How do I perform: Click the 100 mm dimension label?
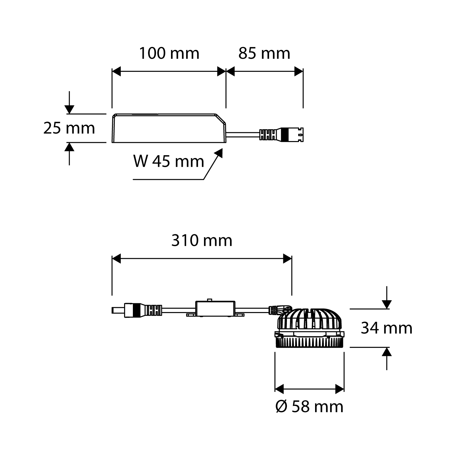coord(169,54)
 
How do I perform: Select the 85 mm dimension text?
coord(264,54)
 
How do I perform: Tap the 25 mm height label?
coord(69,128)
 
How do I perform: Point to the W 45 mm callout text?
coord(169,161)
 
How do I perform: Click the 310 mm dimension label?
coord(202,241)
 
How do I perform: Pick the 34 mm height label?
coord(387,328)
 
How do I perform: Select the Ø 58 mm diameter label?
coord(309,407)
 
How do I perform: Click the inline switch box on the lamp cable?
coord(215,309)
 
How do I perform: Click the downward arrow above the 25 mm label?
coord(70,109)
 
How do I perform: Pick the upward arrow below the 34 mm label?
coord(387,352)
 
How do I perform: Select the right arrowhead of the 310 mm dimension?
coord(287,259)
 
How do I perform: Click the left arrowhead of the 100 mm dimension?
coord(117,72)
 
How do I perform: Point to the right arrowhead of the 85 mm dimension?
coord(298,72)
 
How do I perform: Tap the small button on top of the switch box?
coord(209,300)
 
